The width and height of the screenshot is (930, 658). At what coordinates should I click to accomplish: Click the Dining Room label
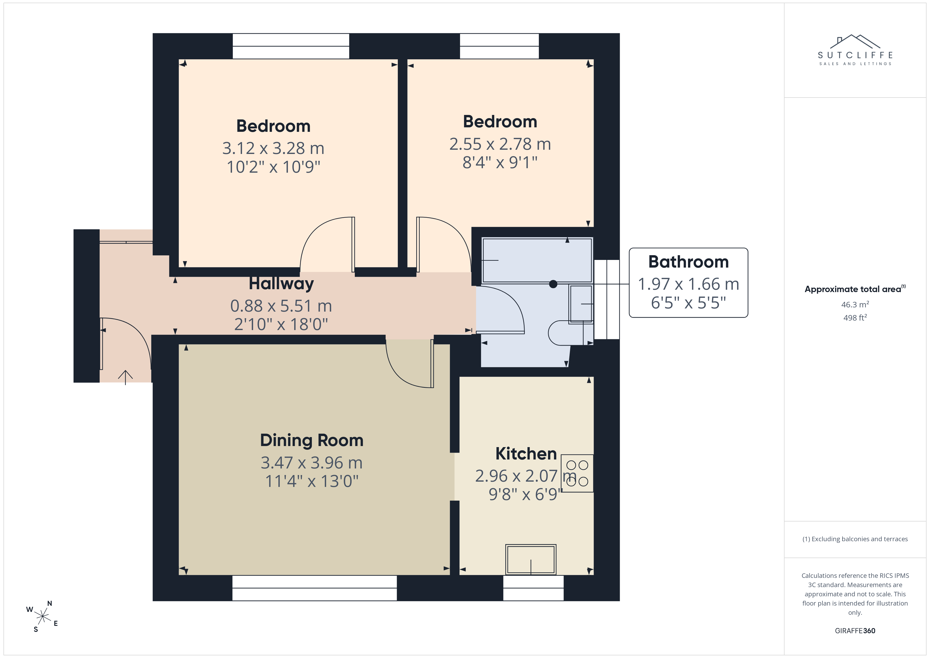coord(312,441)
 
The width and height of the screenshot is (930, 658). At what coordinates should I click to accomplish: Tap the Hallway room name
coord(281,284)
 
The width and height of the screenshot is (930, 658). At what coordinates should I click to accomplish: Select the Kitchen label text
coord(526,454)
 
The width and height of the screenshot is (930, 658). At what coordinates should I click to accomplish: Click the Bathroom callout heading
coord(688,262)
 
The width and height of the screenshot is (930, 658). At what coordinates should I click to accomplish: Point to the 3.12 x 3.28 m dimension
coord(273,148)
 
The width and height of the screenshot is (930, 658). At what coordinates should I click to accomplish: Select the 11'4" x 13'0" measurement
coord(312,481)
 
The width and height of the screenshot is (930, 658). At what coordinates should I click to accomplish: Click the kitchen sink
coord(531,560)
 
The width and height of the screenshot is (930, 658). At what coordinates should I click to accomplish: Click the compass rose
coord(42,616)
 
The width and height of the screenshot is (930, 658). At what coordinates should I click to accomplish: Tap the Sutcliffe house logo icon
coord(855,41)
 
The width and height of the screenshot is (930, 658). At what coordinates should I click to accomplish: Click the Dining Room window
coord(314,588)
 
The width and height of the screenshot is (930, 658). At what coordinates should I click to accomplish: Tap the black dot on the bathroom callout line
coord(553,284)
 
